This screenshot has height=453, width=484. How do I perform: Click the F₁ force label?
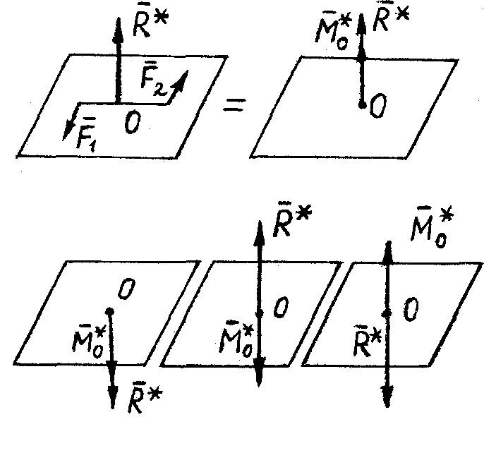[86, 135]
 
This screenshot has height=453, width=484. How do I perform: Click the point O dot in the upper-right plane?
[361, 105]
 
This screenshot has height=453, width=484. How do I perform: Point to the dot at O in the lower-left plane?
[109, 310]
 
